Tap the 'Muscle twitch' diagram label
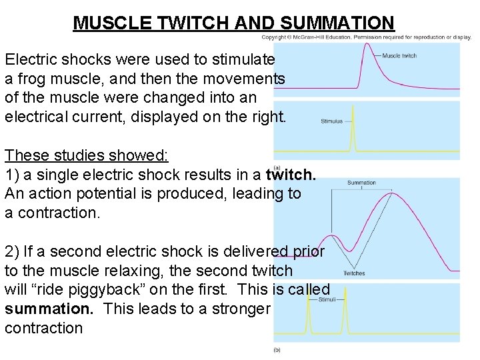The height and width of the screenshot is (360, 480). tap(399, 55)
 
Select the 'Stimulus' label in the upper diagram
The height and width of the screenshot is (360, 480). tap(331, 121)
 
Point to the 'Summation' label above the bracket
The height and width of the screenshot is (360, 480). tap(361, 183)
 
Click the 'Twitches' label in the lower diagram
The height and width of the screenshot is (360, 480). tap(354, 273)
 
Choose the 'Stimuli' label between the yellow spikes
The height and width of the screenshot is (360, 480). tap(327, 300)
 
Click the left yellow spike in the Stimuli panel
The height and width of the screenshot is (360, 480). tap(309, 313)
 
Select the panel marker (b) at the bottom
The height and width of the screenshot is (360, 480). tap(277, 349)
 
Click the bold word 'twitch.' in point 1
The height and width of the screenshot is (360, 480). tap(291, 175)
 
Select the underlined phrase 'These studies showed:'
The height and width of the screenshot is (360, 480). tap(87, 155)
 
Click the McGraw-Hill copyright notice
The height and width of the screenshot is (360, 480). tap(369, 37)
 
